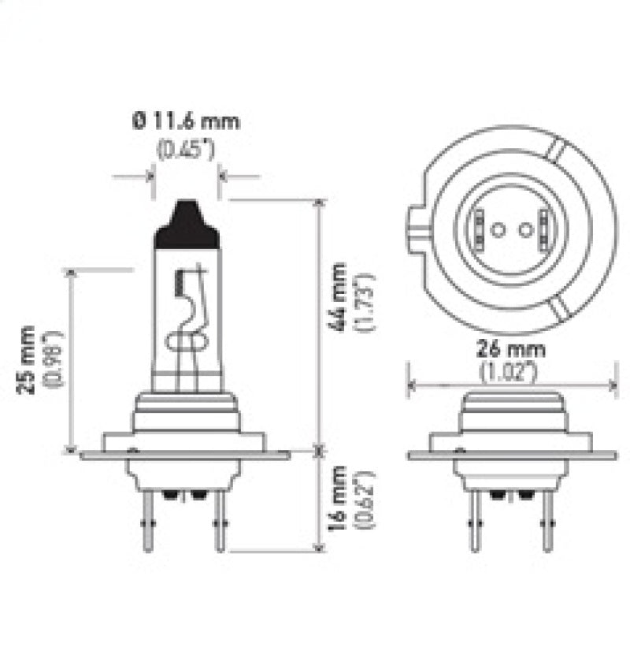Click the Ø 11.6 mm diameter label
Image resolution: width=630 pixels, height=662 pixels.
coord(186,121)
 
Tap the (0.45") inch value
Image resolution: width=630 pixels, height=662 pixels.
coord(186,148)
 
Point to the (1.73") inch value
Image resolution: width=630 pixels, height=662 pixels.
coord(364,303)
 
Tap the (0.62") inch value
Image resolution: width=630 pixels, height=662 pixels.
coord(363,508)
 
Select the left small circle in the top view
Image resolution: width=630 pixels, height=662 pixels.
coord(497,229)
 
